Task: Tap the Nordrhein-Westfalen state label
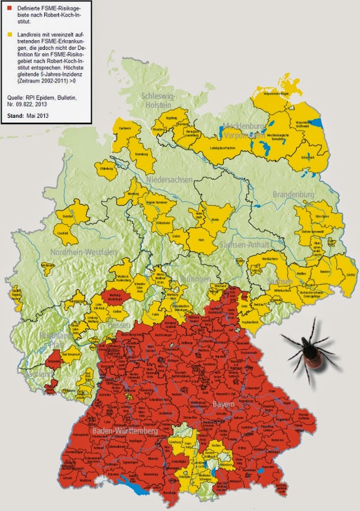pyautogui.click(x=79, y=253)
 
